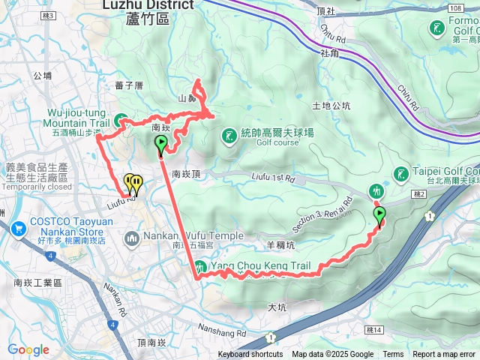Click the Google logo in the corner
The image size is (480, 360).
click(x=28, y=349)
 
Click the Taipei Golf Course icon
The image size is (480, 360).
click(x=400, y=174)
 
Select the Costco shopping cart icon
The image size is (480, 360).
click(x=17, y=223)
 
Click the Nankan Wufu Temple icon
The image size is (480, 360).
click(x=133, y=238)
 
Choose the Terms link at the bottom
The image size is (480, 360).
click(x=393, y=355)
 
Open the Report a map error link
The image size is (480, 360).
click(x=445, y=355)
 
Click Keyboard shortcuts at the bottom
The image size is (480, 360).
click(x=250, y=355)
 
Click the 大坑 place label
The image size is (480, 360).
click(x=277, y=307)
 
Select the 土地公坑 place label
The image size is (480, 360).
click(x=331, y=106)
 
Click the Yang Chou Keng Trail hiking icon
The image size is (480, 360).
click(x=199, y=266)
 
